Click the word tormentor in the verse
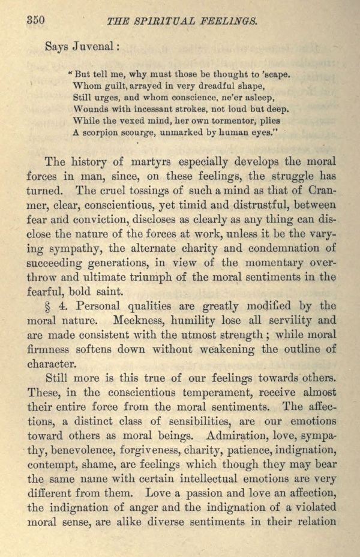point(205,121)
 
